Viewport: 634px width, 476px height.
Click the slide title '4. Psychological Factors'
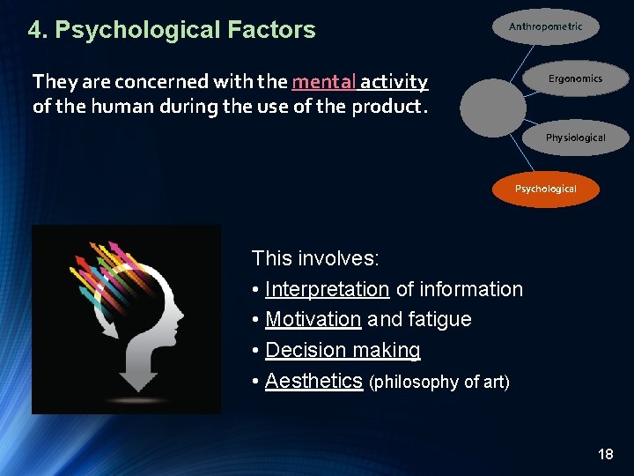[x=172, y=30]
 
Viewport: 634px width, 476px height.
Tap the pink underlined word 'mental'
[x=324, y=82]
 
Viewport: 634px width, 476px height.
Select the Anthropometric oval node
[x=545, y=26]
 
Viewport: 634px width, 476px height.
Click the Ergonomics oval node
[x=575, y=78]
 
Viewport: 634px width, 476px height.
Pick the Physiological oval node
[x=575, y=138]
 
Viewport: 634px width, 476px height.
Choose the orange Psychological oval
[x=545, y=189]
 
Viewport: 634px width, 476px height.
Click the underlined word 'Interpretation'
[x=327, y=289]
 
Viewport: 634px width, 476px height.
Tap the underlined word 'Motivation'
[x=313, y=319]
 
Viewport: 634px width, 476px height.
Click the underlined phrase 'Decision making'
[x=343, y=350]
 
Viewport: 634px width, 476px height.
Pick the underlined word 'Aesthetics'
[x=313, y=381]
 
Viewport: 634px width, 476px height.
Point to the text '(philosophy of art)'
[x=439, y=383]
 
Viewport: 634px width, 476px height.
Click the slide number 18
[x=605, y=454]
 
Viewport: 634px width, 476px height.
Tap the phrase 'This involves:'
[x=315, y=258]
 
